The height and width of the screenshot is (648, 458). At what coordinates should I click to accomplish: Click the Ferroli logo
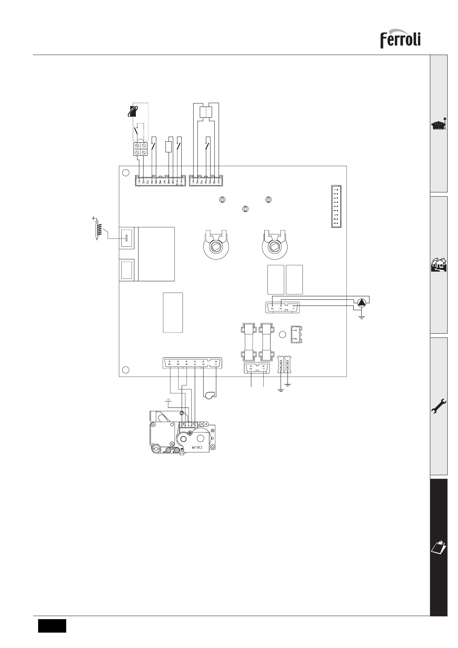(400, 40)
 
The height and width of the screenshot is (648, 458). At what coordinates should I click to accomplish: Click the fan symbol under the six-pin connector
(209, 396)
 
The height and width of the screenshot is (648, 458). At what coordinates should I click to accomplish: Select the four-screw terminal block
(141, 149)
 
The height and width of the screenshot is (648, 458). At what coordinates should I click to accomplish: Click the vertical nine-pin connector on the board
(336, 206)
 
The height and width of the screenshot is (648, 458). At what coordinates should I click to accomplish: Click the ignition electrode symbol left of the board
(97, 229)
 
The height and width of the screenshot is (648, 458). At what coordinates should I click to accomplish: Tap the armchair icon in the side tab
(438, 125)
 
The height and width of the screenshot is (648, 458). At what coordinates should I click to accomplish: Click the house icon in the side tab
(439, 265)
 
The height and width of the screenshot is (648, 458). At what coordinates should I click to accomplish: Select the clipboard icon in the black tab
(438, 546)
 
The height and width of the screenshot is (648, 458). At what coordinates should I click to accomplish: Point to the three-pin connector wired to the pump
(283, 307)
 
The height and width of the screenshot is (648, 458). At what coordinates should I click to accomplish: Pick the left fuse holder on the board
(248, 342)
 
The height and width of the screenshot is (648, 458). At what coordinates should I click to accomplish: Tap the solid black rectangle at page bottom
(52, 625)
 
